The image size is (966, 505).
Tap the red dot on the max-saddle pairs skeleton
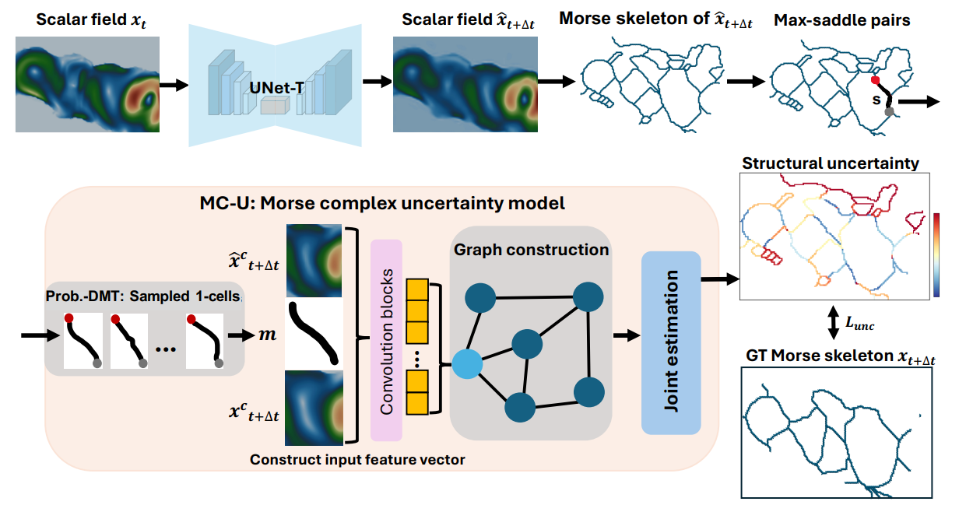876,80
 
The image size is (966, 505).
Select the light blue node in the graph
466,363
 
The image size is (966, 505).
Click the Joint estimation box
671,342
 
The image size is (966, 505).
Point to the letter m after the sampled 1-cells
268,335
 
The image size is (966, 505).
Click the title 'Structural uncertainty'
831,163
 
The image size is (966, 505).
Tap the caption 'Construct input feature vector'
357,460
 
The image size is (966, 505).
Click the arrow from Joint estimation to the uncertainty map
720,278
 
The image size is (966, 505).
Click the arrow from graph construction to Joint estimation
624,336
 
